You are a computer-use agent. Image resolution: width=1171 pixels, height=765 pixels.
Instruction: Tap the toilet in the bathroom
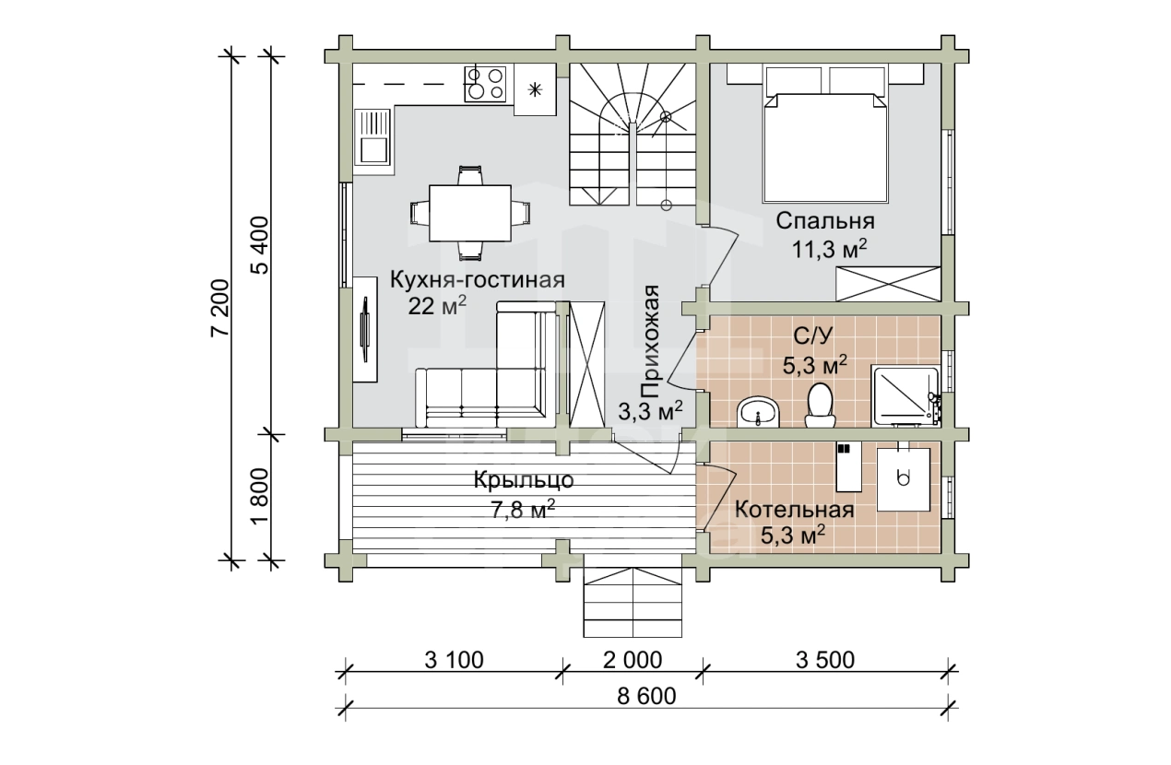(x=820, y=406)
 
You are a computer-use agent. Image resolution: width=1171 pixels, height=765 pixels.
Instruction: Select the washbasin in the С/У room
(x=758, y=412)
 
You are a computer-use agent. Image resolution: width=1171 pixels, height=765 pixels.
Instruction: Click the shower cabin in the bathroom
(x=905, y=395)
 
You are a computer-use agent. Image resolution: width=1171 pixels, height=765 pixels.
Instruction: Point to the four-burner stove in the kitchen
(x=486, y=84)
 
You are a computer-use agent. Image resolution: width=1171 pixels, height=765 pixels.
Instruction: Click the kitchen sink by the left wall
(x=373, y=138)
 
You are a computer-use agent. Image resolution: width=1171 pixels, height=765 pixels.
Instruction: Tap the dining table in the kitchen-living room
(x=470, y=213)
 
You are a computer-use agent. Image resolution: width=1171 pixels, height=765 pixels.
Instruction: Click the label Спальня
(x=825, y=221)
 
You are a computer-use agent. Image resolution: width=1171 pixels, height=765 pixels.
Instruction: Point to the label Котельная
(x=794, y=510)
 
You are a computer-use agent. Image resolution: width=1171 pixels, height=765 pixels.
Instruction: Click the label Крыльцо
(x=524, y=480)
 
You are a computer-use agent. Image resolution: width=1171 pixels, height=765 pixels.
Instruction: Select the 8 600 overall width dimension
(x=646, y=696)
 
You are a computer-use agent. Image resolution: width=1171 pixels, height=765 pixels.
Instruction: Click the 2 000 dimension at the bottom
(x=633, y=661)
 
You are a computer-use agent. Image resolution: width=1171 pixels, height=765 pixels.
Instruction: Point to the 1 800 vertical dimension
(x=260, y=495)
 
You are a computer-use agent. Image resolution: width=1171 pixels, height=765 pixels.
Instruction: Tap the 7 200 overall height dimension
(x=220, y=308)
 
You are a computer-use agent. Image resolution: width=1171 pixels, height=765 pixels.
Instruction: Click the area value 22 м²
(x=437, y=306)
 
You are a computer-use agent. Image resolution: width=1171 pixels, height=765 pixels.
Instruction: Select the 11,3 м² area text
(x=830, y=249)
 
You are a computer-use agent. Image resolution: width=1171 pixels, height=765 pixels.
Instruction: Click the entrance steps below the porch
(x=633, y=603)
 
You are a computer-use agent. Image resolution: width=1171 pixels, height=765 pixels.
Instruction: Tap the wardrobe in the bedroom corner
(x=888, y=284)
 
